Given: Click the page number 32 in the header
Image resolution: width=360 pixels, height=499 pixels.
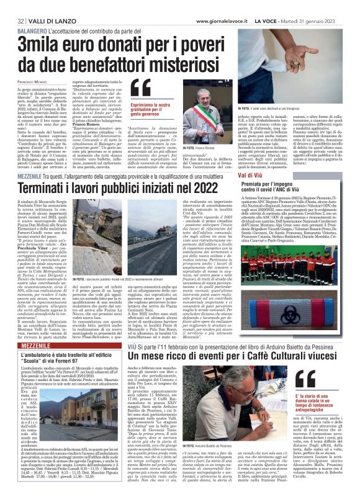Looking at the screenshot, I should tap(12, 6).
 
